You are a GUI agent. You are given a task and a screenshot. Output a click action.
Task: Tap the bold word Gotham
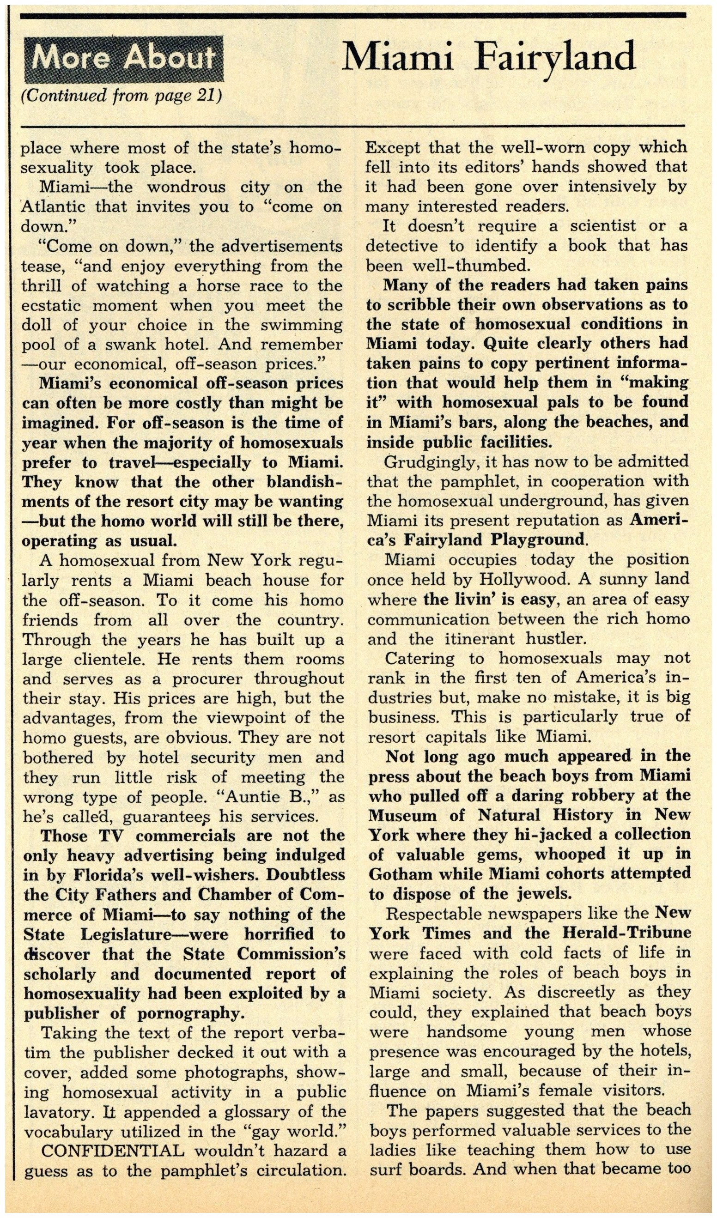(x=400, y=874)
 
